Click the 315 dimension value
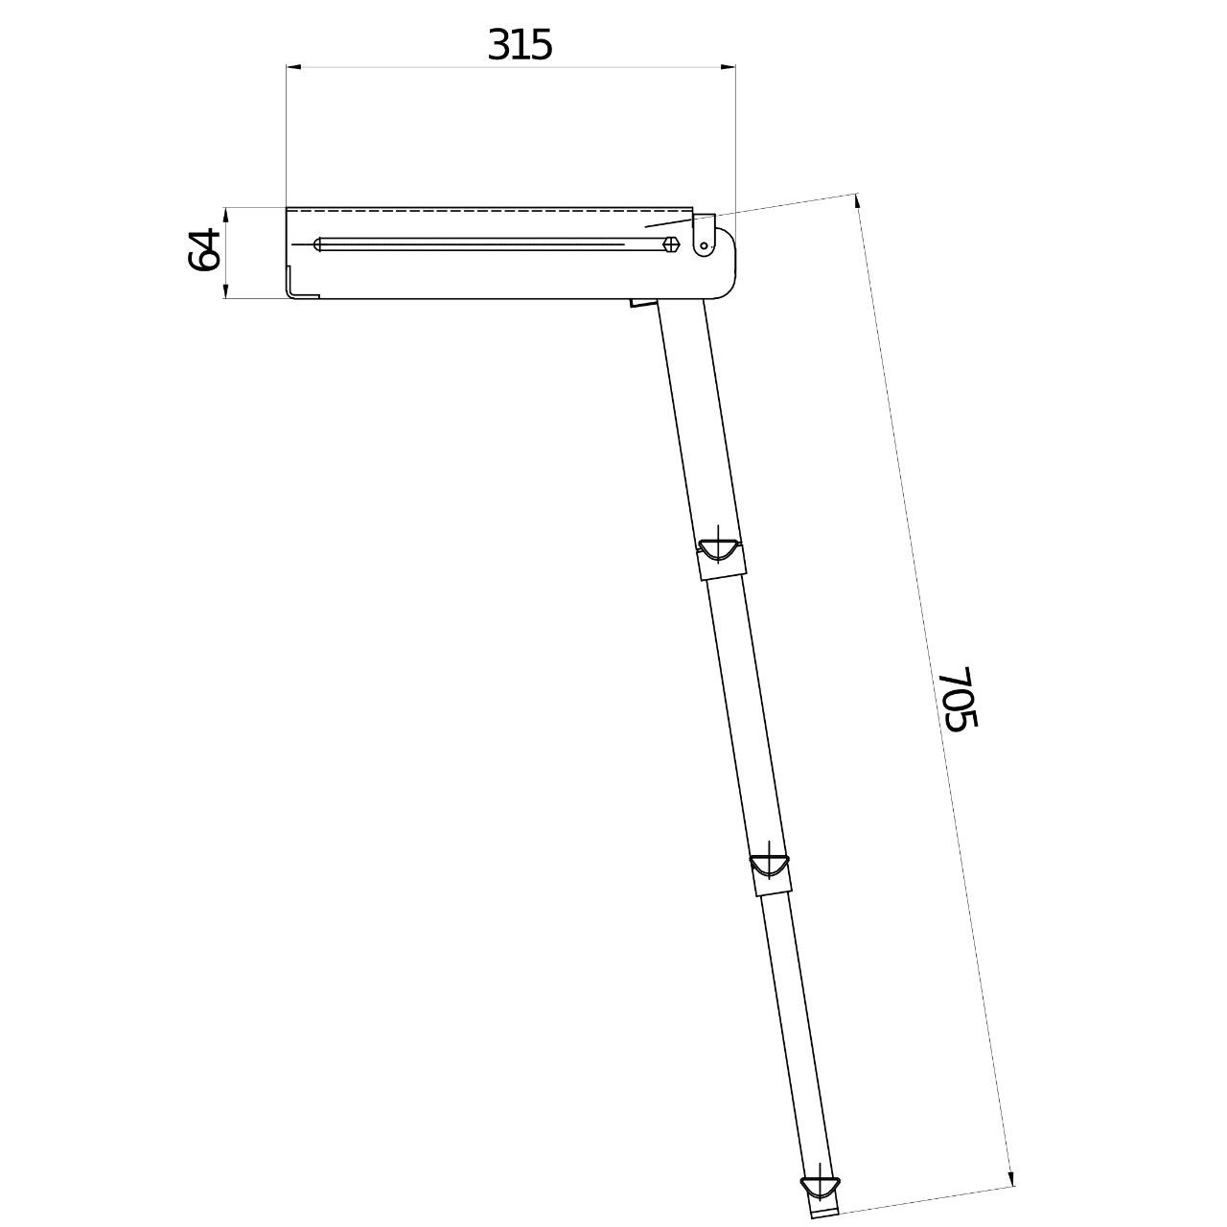click(520, 46)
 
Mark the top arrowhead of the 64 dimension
click(226, 215)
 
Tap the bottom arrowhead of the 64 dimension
click(226, 290)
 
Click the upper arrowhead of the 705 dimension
click(858, 201)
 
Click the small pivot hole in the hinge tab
click(704, 245)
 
